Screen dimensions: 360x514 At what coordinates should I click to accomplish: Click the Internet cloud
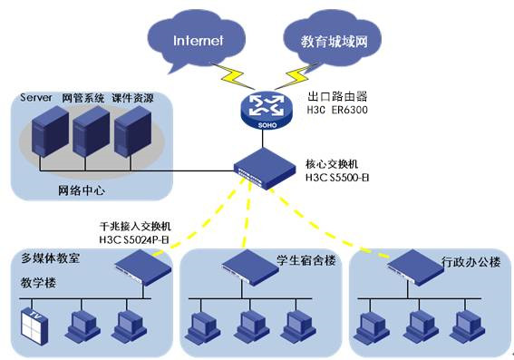coord(198,40)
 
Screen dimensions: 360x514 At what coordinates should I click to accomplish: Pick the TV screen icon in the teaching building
coord(32,323)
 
